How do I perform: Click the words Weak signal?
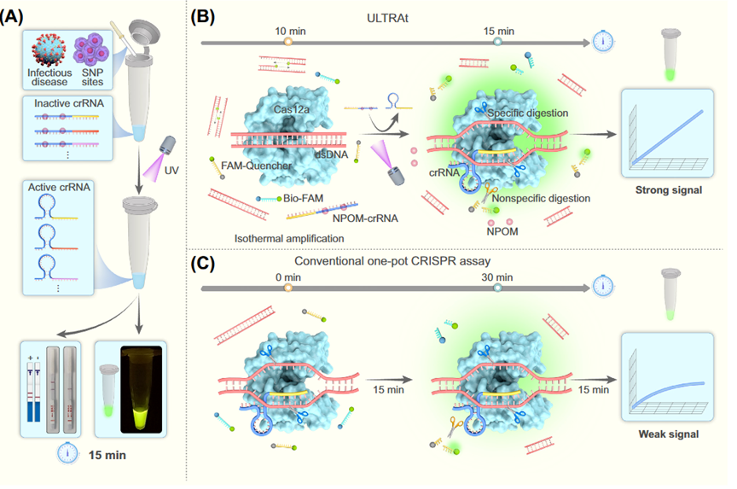(x=669, y=434)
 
